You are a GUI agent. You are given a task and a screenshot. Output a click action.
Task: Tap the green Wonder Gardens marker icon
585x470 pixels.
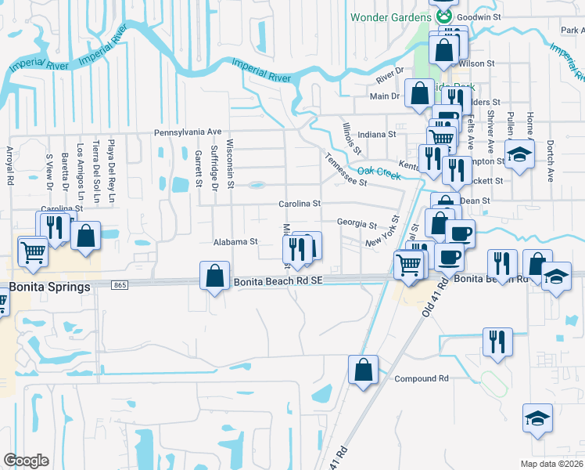(x=444, y=16)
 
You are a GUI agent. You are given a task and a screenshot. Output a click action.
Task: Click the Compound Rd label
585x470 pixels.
(x=421, y=378)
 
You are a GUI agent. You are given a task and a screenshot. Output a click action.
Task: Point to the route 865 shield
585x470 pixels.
(x=120, y=285)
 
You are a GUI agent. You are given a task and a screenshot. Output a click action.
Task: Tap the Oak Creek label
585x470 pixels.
(x=379, y=172)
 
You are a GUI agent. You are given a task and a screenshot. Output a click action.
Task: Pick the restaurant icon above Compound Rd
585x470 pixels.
(x=497, y=342)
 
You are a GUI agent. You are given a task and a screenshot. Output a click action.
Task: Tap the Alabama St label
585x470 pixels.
(x=235, y=242)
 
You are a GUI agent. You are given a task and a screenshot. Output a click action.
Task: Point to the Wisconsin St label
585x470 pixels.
(x=230, y=164)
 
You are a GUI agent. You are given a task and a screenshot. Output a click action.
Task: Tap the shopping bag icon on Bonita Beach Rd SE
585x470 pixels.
(x=214, y=276)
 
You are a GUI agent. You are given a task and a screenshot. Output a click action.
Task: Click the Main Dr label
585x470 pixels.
(x=385, y=96)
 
